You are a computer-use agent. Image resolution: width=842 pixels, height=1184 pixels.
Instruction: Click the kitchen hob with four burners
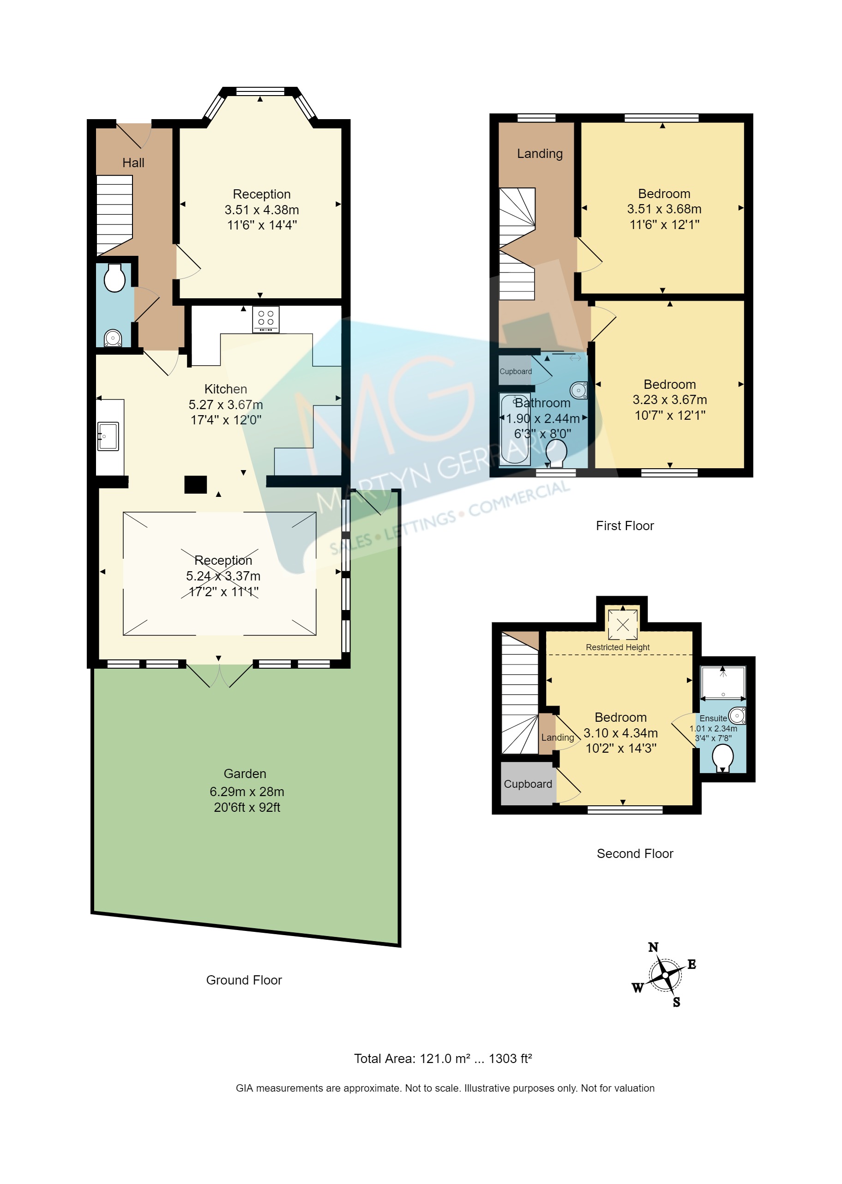265,319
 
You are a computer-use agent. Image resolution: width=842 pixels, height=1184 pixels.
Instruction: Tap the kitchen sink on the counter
108,435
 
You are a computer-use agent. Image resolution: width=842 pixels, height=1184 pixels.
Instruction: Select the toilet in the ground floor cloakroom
114,278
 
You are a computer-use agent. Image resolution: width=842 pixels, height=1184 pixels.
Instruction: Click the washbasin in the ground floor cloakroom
113,338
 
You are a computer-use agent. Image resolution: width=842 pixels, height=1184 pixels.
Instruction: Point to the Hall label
133,163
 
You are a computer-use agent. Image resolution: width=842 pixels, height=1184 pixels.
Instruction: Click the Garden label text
245,773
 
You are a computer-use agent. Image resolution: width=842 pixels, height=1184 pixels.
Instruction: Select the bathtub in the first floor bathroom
514,429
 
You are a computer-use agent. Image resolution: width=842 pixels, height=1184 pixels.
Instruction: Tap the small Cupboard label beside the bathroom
515,371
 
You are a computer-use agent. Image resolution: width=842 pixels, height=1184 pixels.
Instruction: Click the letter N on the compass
653,947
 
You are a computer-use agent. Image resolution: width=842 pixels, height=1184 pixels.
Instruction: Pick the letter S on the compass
676,1002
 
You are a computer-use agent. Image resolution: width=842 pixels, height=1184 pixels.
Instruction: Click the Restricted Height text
617,647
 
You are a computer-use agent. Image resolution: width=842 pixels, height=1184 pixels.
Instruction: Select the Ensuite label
713,718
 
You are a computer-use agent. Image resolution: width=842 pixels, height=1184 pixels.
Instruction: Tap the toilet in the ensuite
723,758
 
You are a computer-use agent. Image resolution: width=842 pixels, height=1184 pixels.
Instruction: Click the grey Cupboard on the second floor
527,784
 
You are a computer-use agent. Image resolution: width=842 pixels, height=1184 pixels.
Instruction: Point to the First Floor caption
624,526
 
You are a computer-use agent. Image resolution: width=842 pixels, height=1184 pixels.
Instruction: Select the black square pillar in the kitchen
195,484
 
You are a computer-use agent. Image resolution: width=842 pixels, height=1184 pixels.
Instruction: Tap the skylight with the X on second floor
623,624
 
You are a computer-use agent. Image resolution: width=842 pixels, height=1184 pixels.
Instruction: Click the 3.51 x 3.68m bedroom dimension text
664,209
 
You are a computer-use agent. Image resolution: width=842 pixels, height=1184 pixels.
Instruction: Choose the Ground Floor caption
244,980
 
